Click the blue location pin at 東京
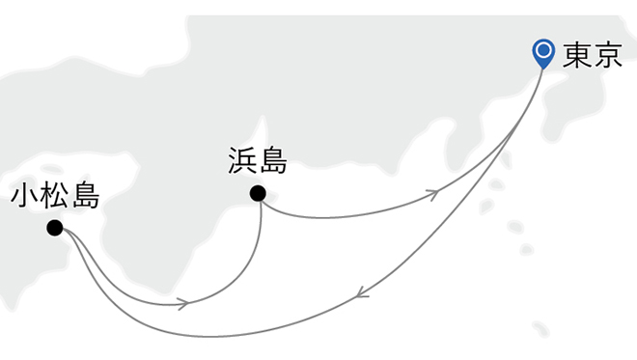pyautogui.click(x=544, y=53)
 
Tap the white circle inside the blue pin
pyautogui.click(x=544, y=49)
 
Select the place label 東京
pyautogui.click(x=591, y=56)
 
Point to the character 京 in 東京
pyautogui.click(x=606, y=56)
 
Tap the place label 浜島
pyautogui.click(x=258, y=159)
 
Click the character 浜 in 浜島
pyautogui.click(x=243, y=159)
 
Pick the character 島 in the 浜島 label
pyautogui.click(x=273, y=159)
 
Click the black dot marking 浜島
pyautogui.click(x=258, y=193)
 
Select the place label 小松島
pyautogui.click(x=55, y=198)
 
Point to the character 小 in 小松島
pyautogui.click(x=25, y=198)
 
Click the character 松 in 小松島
pyautogui.click(x=55, y=198)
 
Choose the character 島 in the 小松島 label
pyautogui.click(x=85, y=198)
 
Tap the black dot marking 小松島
pyautogui.click(x=55, y=228)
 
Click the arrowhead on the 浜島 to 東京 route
pyautogui.click(x=435, y=194)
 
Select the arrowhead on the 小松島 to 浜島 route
pyautogui.click(x=181, y=304)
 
